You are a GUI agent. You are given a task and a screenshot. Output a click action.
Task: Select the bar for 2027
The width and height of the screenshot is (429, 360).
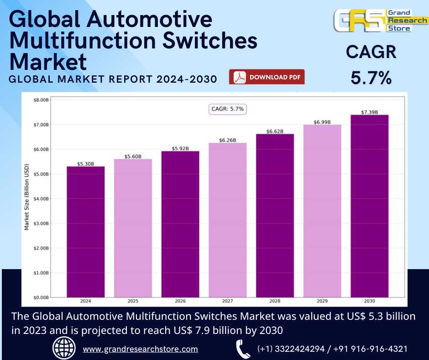[x=227, y=220]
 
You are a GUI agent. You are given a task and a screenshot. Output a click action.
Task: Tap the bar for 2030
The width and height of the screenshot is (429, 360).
[x=369, y=206]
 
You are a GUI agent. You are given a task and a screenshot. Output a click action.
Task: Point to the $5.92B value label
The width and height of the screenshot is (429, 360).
[x=180, y=148]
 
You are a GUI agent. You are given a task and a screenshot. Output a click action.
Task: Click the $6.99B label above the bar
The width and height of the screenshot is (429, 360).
[x=322, y=122]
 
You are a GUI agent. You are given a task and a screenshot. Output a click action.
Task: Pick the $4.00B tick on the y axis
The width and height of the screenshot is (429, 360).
[x=42, y=199]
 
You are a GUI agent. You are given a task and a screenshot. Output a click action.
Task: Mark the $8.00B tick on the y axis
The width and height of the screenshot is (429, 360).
[x=42, y=100]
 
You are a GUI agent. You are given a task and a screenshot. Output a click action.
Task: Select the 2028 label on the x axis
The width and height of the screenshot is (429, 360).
[x=275, y=302]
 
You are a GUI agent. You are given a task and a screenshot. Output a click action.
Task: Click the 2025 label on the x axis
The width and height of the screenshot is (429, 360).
[x=133, y=302]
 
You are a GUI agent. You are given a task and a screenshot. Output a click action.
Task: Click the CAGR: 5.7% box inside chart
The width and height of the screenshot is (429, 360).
[x=228, y=109]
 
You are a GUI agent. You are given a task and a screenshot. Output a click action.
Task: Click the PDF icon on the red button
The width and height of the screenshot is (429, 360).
[x=240, y=77]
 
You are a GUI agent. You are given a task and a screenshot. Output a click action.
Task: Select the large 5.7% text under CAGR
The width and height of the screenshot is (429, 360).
[x=371, y=78]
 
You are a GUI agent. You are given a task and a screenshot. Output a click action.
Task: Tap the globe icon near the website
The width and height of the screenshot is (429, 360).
[x=64, y=349]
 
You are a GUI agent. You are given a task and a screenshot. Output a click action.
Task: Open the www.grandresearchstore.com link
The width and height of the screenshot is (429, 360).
[x=140, y=349]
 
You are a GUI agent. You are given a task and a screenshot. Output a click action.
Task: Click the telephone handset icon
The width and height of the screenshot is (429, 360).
[x=243, y=349]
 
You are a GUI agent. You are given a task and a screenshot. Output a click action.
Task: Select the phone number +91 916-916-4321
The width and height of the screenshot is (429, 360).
[x=371, y=349]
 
